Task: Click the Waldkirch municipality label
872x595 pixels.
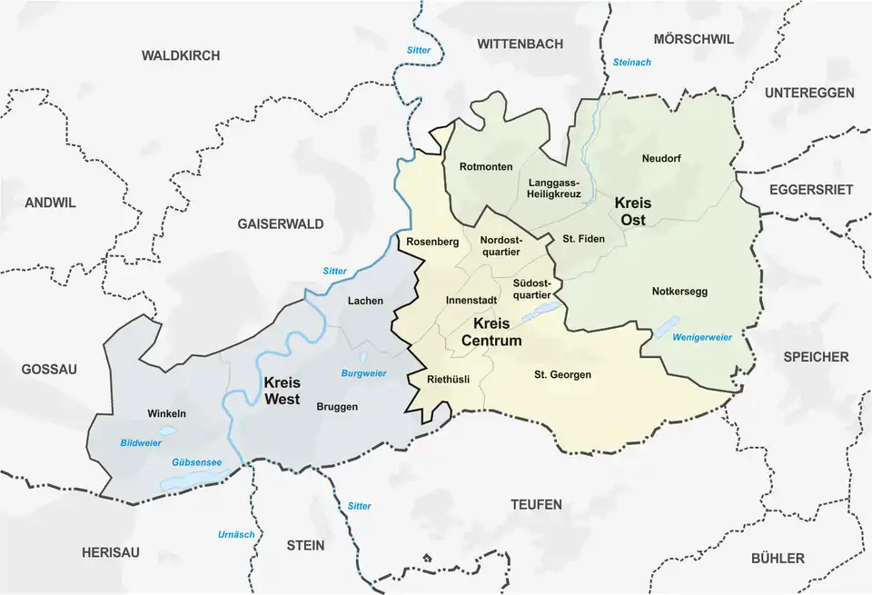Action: coord(181,55)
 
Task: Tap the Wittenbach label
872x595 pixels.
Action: coord(520,44)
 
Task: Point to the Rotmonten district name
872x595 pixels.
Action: coord(486,167)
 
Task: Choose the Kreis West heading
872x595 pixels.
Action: coord(282,391)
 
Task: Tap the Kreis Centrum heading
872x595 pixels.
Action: coord(491,332)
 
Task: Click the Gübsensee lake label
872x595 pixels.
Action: coord(195,461)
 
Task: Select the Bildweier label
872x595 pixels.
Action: coord(140,442)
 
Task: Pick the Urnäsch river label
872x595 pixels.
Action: coord(236,534)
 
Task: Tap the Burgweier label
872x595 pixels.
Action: coord(363,373)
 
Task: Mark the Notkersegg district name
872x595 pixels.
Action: coord(679,292)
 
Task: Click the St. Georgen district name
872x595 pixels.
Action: coord(562,374)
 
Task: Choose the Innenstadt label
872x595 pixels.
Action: coord(471,300)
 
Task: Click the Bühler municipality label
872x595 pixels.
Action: coord(778,558)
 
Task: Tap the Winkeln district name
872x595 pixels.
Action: coord(166,414)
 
